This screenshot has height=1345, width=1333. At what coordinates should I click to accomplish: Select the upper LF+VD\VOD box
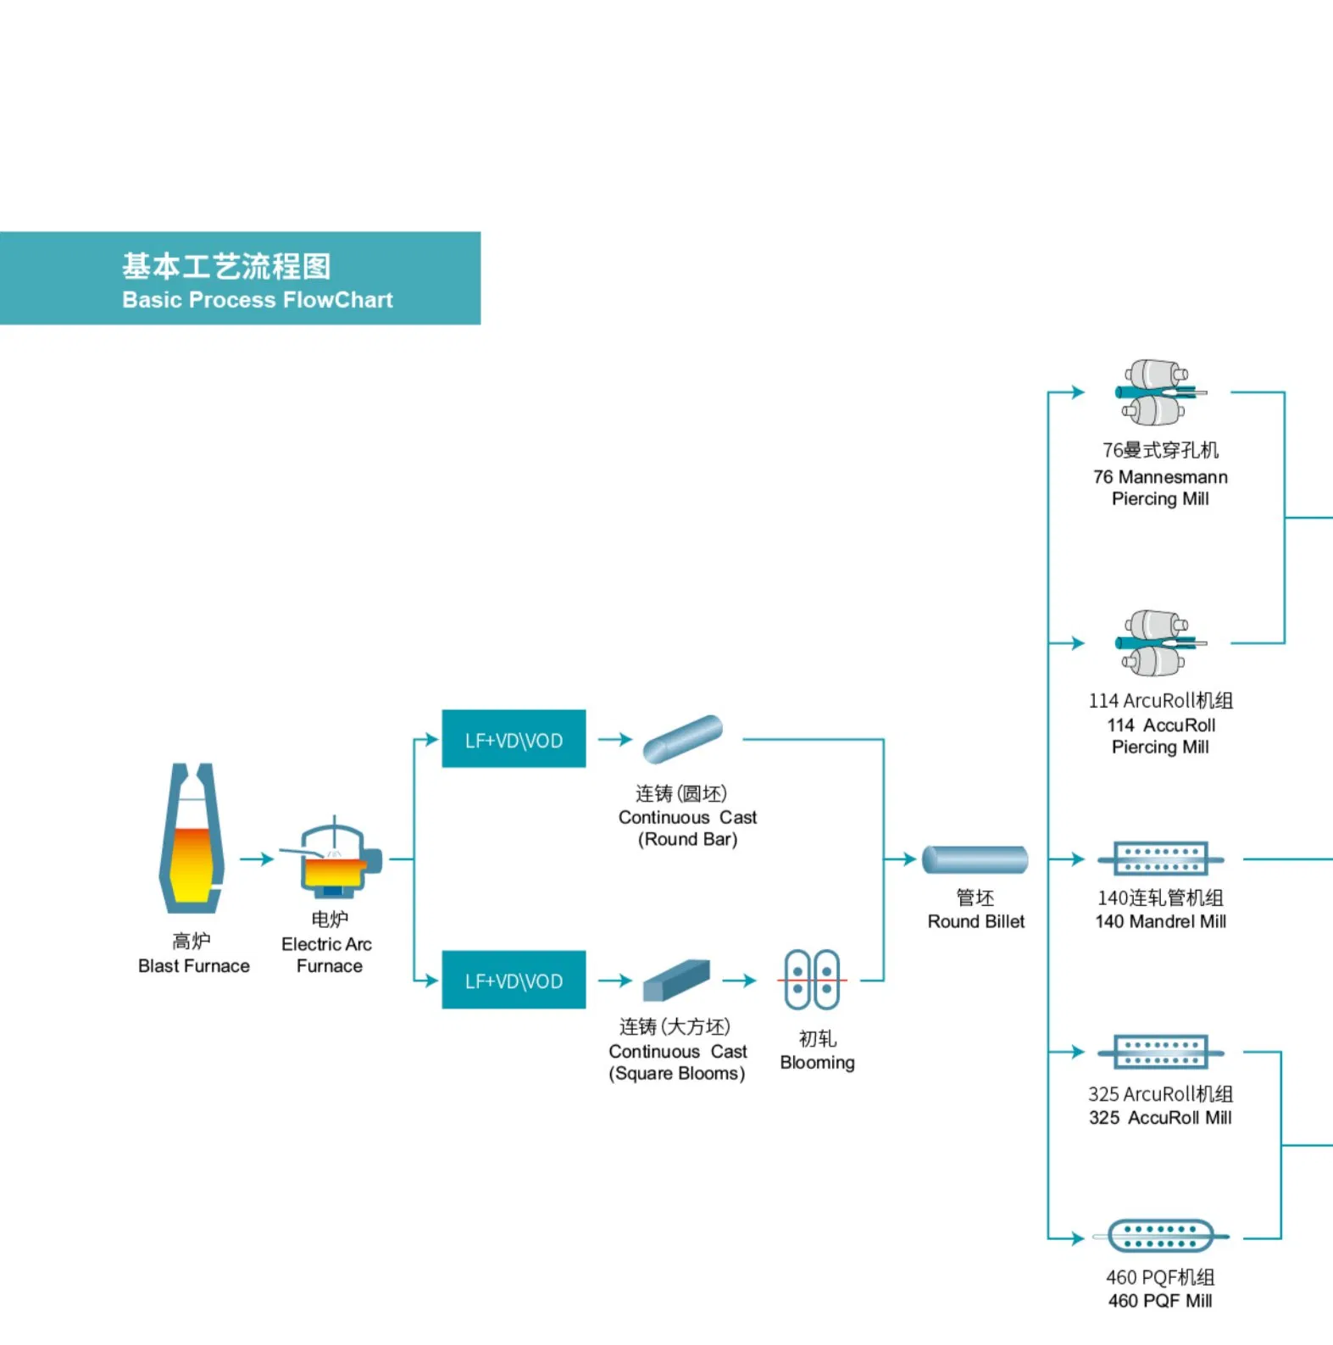tap(514, 739)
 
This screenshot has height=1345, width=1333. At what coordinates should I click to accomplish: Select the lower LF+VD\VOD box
tap(514, 980)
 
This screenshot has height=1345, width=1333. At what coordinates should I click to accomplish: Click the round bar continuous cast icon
tap(682, 738)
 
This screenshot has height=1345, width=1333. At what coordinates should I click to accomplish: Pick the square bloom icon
tap(676, 980)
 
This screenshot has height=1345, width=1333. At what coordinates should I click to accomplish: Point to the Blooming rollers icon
tap(812, 980)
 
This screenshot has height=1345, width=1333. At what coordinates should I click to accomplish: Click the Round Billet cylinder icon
tap(975, 859)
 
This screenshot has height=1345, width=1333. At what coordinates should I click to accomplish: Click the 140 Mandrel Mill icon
tap(1161, 859)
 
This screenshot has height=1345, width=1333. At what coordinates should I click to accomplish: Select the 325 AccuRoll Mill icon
tap(1161, 1052)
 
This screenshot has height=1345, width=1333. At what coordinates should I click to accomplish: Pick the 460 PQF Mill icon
tap(1161, 1237)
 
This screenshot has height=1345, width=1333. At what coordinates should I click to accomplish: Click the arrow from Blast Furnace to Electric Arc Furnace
tap(257, 859)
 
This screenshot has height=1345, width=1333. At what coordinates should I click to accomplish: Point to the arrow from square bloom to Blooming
tap(739, 981)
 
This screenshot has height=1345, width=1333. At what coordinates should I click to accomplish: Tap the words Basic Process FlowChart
tap(258, 300)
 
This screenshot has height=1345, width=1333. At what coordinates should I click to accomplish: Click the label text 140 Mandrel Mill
tap(1160, 921)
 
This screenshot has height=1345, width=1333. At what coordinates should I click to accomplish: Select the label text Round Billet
tap(975, 921)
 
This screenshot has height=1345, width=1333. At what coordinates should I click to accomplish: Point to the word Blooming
tap(817, 1063)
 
